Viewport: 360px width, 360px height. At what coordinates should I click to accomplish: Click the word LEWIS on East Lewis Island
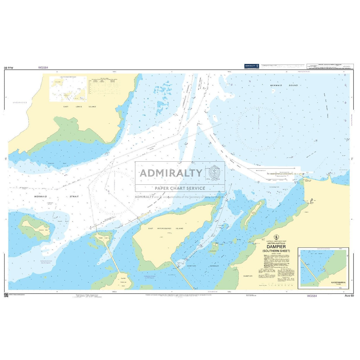click(79, 107)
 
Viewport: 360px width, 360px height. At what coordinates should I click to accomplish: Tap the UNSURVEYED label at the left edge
click(20, 103)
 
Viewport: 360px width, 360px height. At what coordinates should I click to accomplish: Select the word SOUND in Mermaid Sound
click(294, 85)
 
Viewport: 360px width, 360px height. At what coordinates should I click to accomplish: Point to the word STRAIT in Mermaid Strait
click(74, 197)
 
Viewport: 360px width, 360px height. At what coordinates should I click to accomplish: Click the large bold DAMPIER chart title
click(276, 247)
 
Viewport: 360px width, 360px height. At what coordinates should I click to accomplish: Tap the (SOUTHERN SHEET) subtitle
click(276, 251)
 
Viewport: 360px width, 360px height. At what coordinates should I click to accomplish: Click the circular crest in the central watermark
click(214, 173)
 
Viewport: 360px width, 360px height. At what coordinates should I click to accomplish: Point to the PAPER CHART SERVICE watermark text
click(180, 188)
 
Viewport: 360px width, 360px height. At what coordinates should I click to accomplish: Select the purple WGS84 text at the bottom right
click(312, 296)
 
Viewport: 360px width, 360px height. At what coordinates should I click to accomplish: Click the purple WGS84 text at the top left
click(43, 67)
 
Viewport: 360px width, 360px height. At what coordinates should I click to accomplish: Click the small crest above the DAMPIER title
click(276, 237)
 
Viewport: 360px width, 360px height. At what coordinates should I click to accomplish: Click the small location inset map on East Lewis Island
click(68, 89)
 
